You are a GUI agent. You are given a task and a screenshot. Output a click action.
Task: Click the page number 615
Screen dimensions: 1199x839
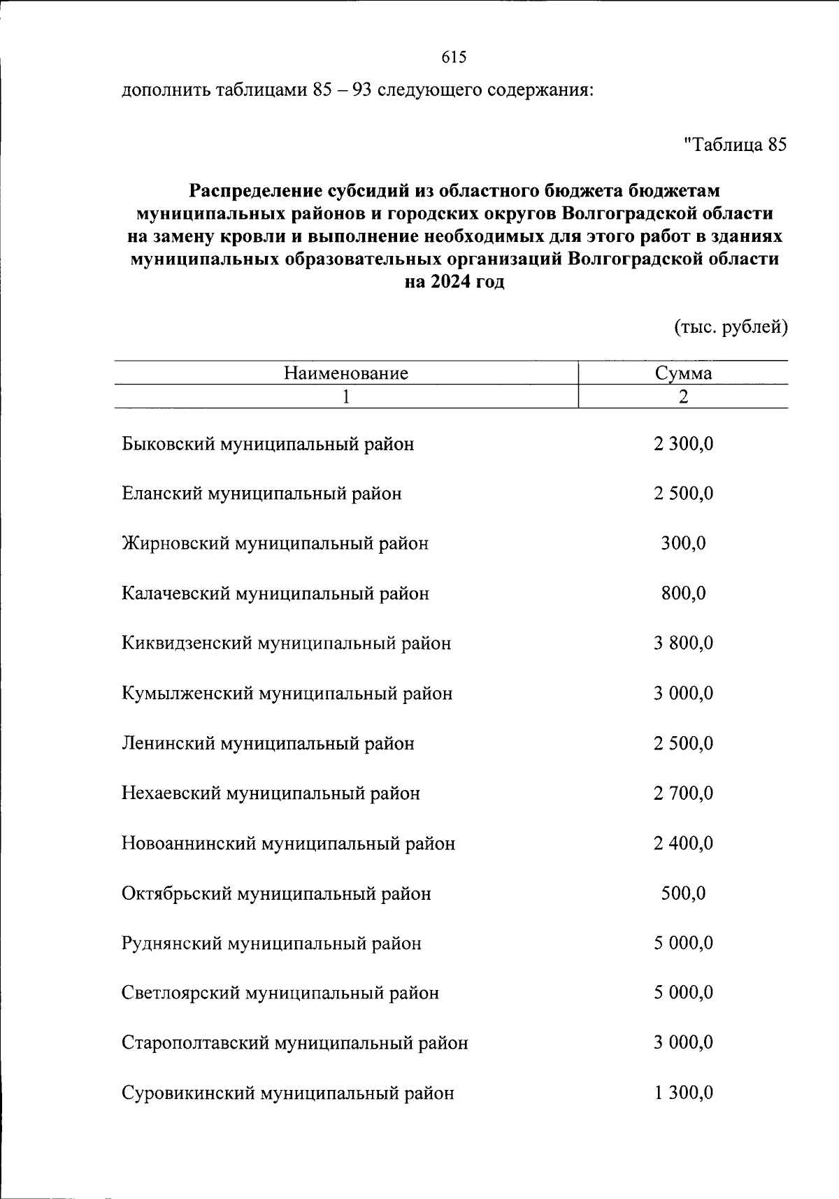coord(454,57)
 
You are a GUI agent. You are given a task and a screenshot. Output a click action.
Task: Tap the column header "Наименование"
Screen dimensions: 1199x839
coord(345,373)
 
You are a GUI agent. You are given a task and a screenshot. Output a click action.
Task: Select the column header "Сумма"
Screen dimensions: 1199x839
coord(683,373)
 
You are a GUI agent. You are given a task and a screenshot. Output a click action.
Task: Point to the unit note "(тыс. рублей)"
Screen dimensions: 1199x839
coord(731,326)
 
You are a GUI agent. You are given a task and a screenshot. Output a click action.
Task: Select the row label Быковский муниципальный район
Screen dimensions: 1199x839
coord(268,444)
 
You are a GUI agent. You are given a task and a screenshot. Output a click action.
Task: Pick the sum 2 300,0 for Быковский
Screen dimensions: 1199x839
coord(683,444)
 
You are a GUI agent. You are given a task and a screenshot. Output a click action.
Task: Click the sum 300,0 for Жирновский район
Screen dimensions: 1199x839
coord(683,543)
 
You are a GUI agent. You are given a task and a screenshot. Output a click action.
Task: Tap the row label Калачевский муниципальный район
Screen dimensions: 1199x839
coord(275,594)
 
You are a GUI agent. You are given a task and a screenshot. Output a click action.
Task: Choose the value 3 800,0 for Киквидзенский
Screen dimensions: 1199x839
coord(683,643)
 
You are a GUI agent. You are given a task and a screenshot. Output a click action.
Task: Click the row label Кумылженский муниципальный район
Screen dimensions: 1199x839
coord(287,694)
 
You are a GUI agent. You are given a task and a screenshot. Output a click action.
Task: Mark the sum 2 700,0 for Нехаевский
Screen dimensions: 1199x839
coord(683,794)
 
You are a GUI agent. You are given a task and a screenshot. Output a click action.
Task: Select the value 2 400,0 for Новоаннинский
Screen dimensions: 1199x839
coord(683,843)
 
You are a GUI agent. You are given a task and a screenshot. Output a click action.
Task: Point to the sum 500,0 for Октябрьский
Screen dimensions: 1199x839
coord(683,893)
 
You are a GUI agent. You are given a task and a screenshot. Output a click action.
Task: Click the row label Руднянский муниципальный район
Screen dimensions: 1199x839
coord(271,944)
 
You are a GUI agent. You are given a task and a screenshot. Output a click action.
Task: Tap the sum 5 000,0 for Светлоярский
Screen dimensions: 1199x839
coord(683,993)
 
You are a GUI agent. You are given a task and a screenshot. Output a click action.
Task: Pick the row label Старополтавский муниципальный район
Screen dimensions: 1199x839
coord(294,1043)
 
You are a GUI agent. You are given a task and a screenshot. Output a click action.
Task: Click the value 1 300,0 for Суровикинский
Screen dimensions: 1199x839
coord(683,1093)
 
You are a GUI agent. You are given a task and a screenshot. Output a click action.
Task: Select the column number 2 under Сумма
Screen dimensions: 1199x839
coord(683,396)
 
